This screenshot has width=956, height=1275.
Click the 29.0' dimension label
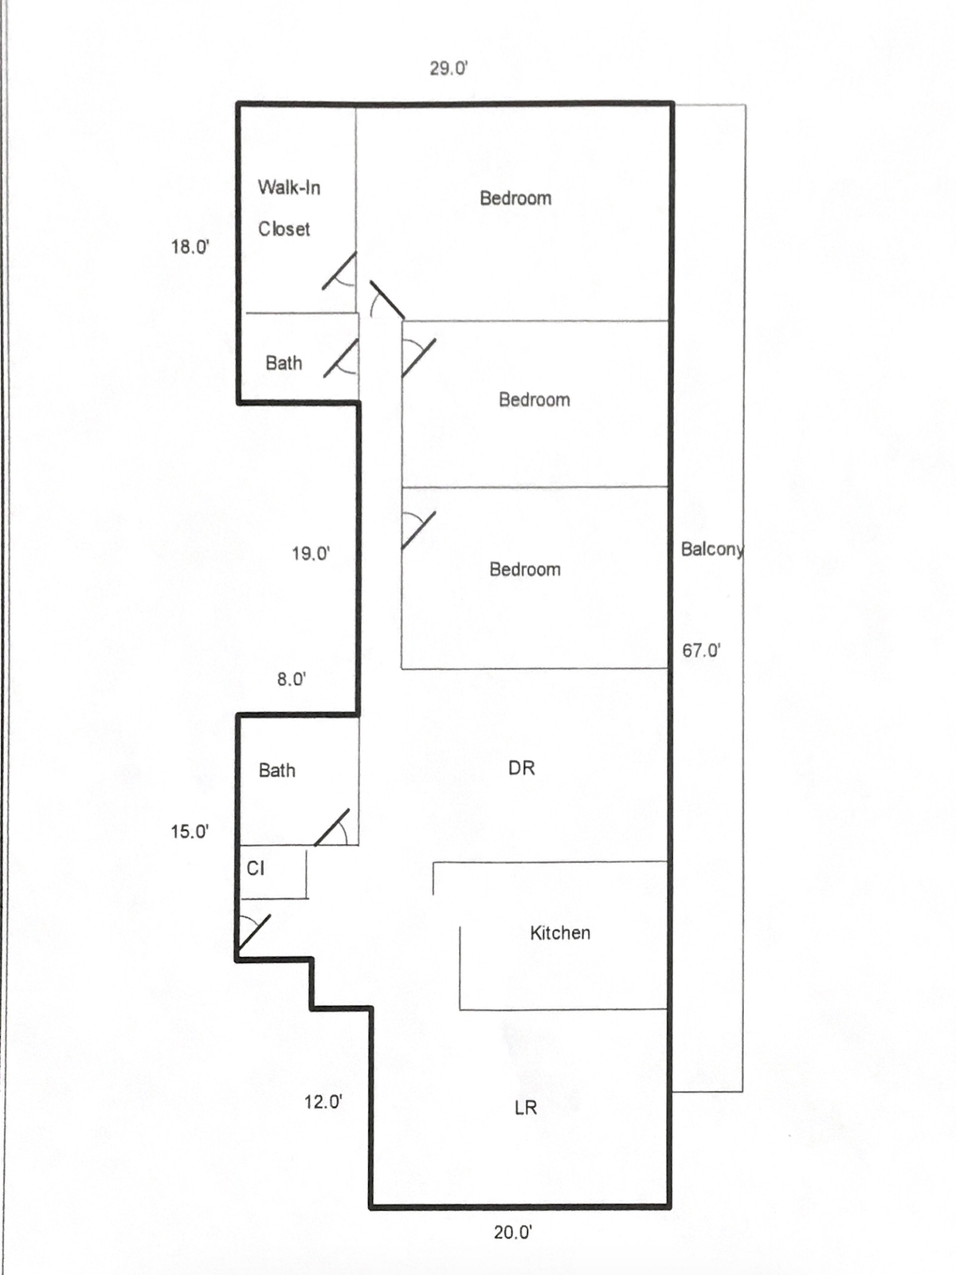[x=449, y=69]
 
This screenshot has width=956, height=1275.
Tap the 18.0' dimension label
[x=190, y=247]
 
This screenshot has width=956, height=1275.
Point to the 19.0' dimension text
[x=311, y=553]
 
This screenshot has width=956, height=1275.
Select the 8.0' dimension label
[x=292, y=679]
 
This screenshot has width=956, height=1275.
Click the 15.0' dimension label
[x=190, y=832]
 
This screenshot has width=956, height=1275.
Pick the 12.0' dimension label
[x=323, y=1102]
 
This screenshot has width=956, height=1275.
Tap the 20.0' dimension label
[x=512, y=1233]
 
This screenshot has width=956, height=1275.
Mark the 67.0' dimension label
[x=701, y=651]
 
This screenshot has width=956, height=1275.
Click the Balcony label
[x=711, y=549]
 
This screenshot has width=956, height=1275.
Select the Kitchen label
[x=560, y=933]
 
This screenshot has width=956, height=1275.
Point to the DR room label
[x=522, y=768]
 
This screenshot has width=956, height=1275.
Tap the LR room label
[x=526, y=1108]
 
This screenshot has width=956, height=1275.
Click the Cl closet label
[x=256, y=869]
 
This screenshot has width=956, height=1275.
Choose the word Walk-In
[x=289, y=188]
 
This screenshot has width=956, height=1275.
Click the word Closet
[x=284, y=229]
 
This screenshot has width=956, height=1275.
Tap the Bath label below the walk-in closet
[x=284, y=363]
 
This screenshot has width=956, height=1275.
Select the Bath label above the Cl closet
[x=277, y=771]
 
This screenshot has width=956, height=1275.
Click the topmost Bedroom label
[x=515, y=198]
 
